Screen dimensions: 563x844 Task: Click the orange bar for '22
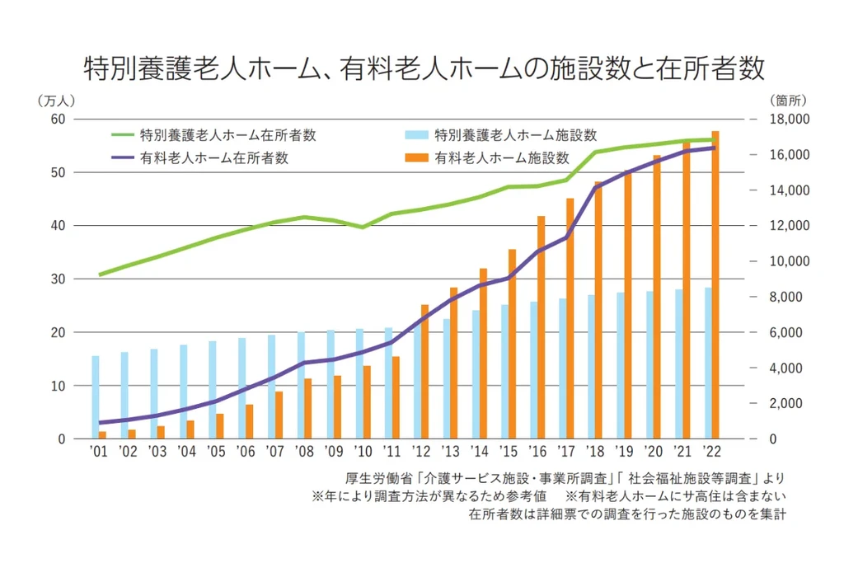tap(715, 284)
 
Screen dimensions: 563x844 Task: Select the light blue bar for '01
tap(96, 397)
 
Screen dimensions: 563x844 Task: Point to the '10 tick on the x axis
tap(362, 452)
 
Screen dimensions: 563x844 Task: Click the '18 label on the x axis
tap(596, 452)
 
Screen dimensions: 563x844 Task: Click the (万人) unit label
tap(57, 101)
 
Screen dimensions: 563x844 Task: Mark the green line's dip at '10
tap(362, 227)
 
